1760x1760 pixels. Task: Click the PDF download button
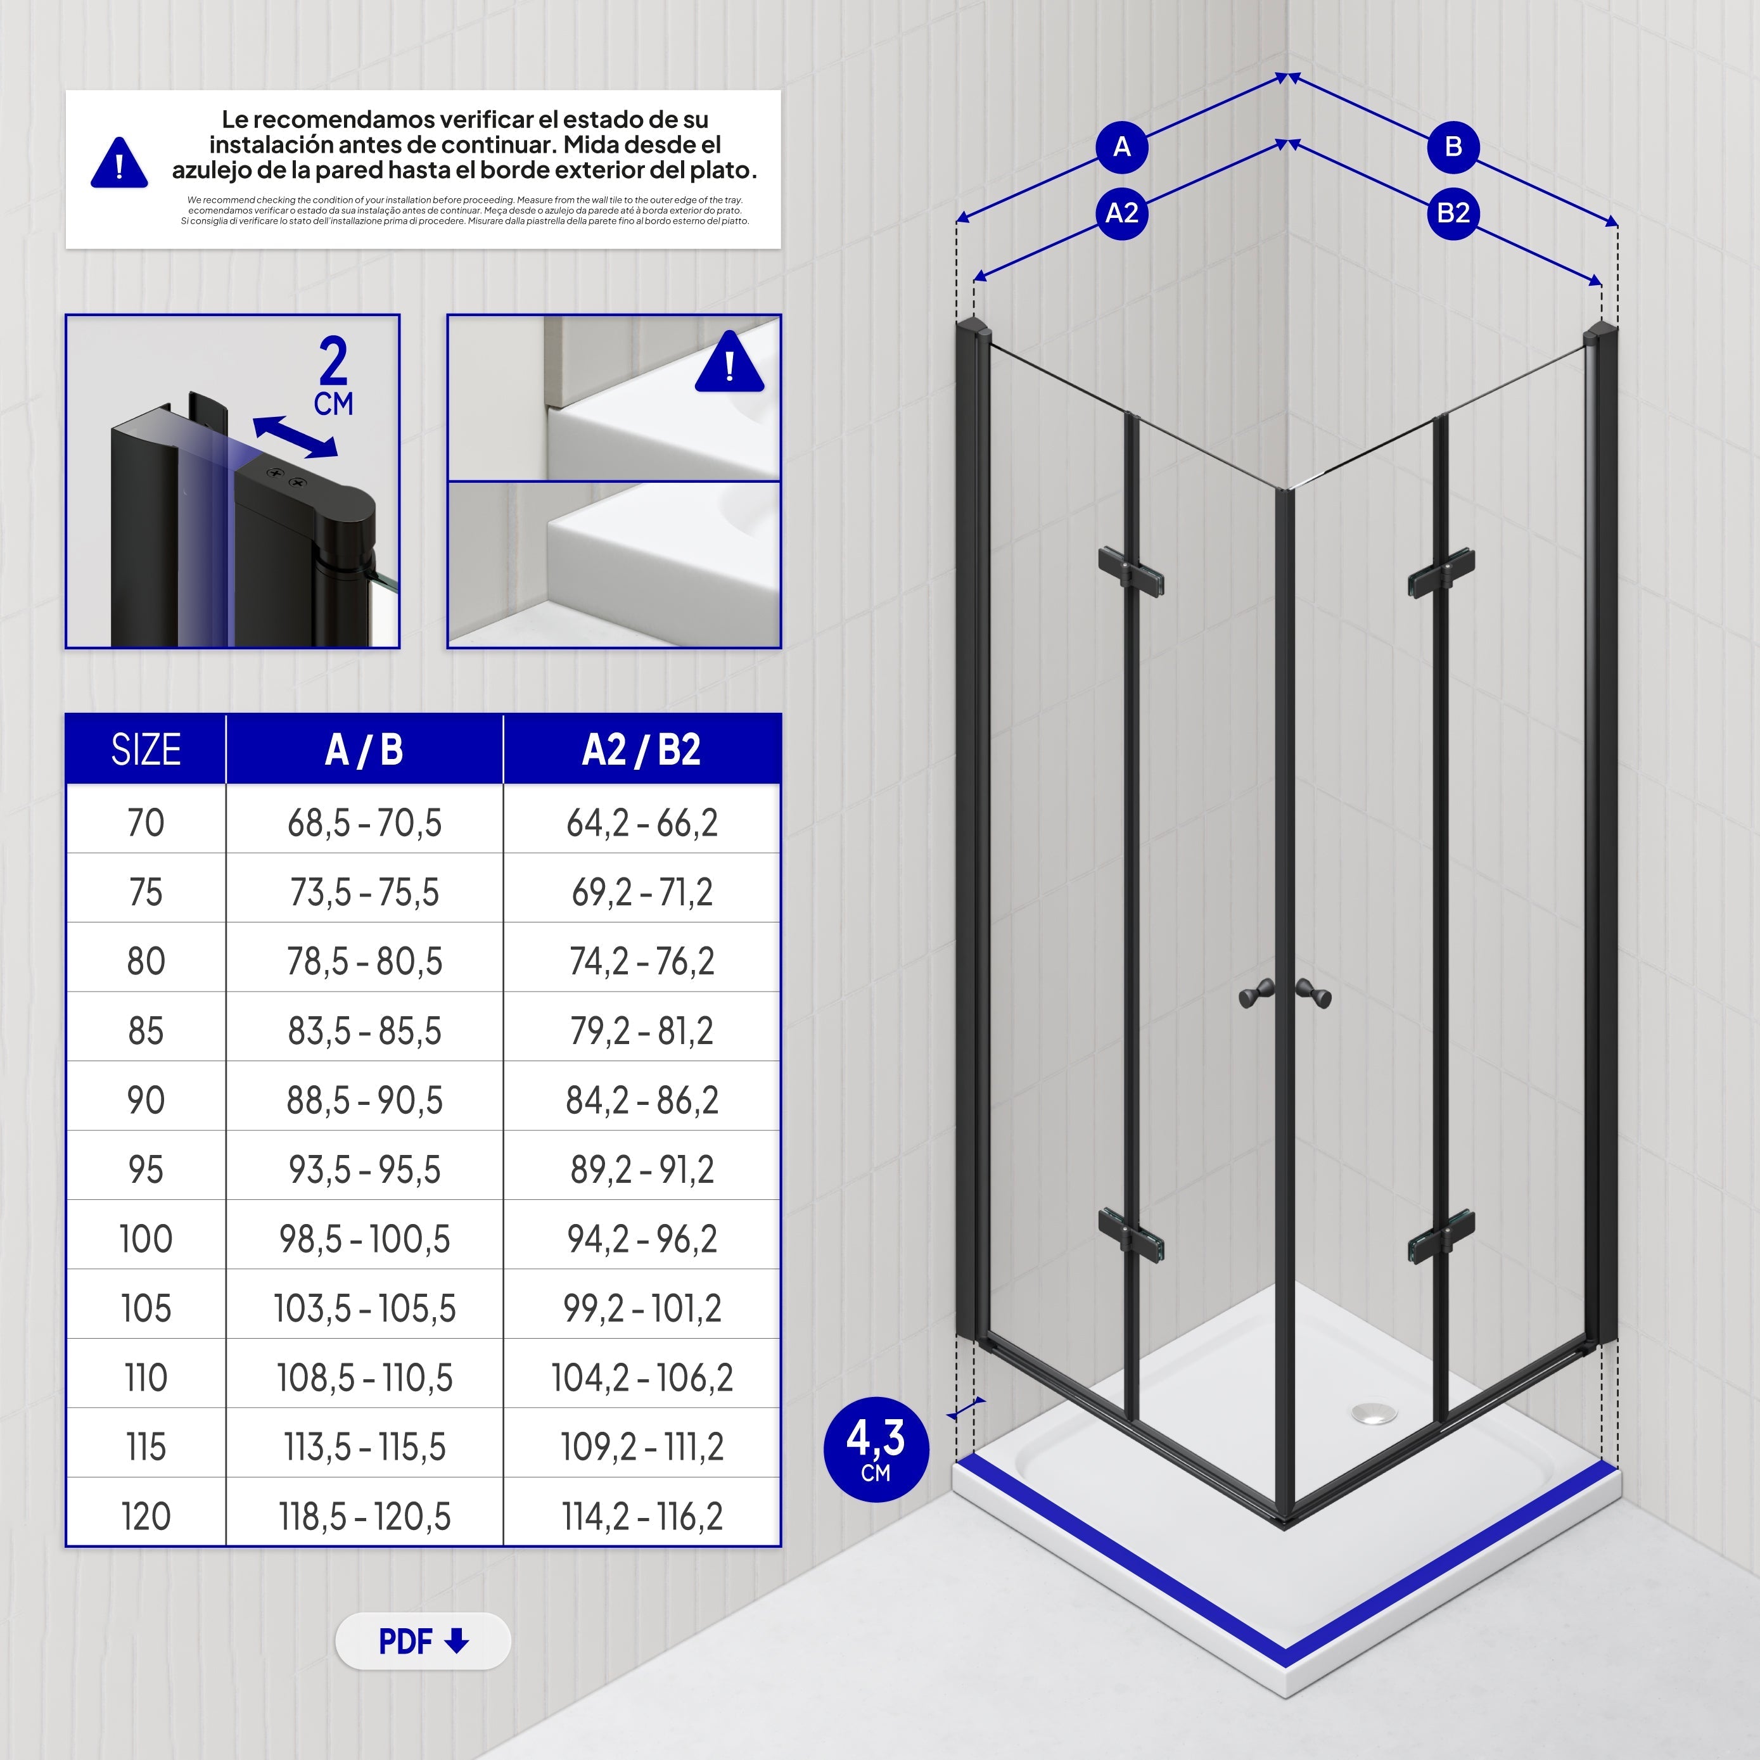pyautogui.click(x=423, y=1641)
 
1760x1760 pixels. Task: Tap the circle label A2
pyautogui.click(x=1121, y=213)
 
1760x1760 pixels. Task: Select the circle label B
pyautogui.click(x=1452, y=147)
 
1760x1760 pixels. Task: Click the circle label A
pyautogui.click(x=1121, y=147)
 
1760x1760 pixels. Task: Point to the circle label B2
pyautogui.click(x=1452, y=213)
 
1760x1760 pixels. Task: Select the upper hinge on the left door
pyautogui.click(x=1130, y=571)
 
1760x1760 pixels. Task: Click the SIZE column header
pyautogui.click(x=146, y=749)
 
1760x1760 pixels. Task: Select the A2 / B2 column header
pyautogui.click(x=641, y=749)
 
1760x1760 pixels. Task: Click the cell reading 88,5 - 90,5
pyautogui.click(x=364, y=1100)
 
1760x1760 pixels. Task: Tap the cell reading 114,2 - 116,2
pyautogui.click(x=641, y=1517)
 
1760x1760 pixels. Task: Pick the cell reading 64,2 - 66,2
pyautogui.click(x=641, y=822)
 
